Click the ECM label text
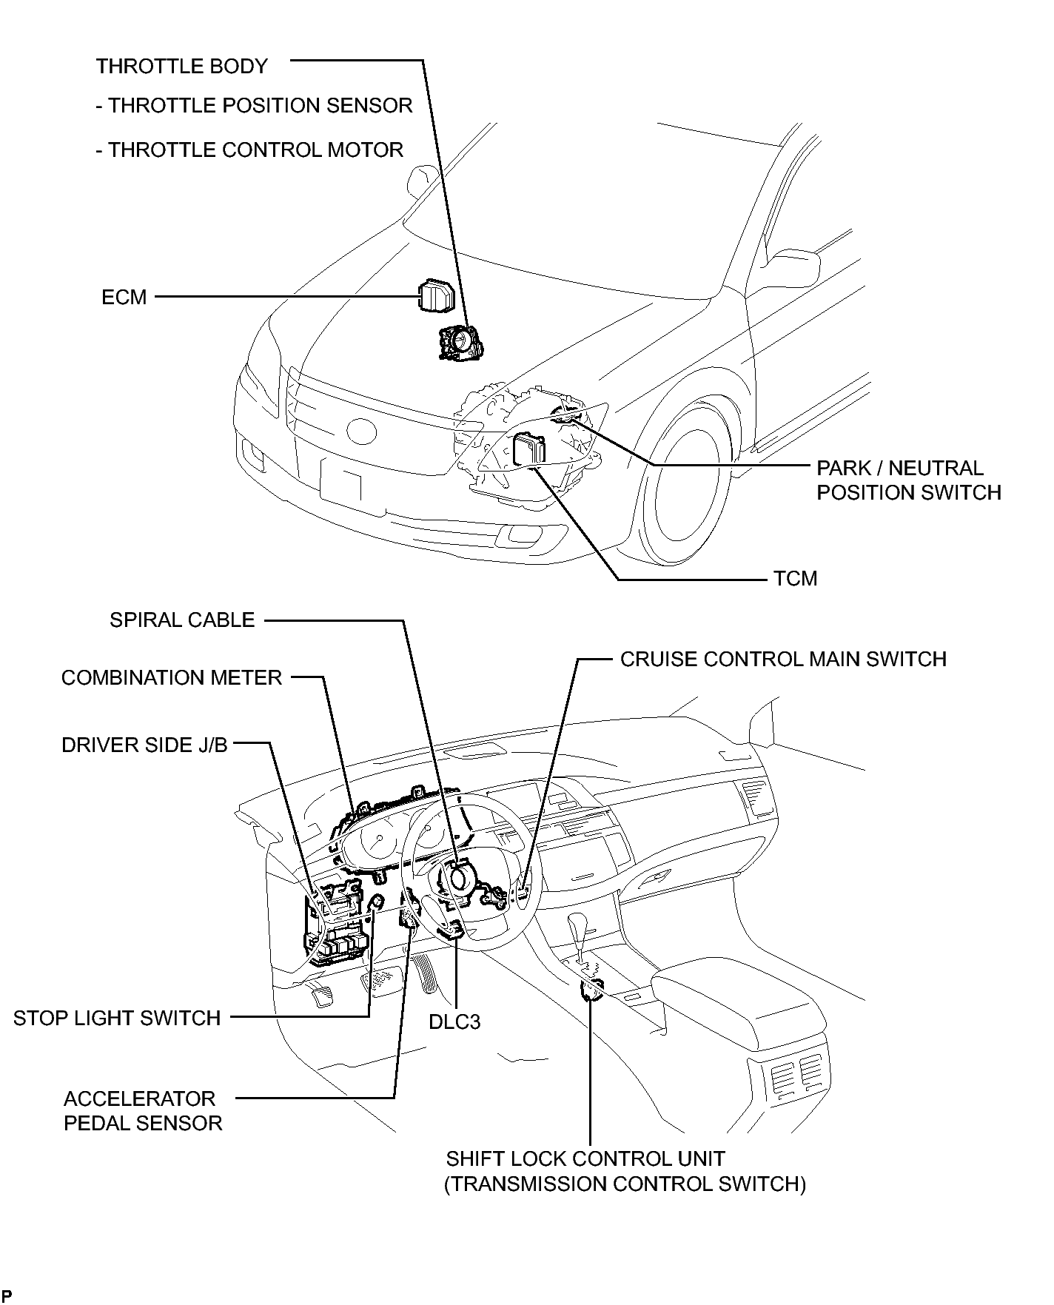[x=124, y=298]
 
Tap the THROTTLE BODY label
[x=181, y=67]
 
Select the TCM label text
[x=796, y=578]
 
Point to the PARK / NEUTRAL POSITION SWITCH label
[x=909, y=480]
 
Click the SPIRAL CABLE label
[x=182, y=620]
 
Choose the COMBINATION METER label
[x=172, y=678]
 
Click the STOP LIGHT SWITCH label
[x=117, y=1018]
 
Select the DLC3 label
[x=454, y=1022]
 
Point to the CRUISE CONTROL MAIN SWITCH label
[x=783, y=659]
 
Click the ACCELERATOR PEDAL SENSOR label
[x=143, y=1110]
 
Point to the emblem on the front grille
[x=362, y=430]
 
